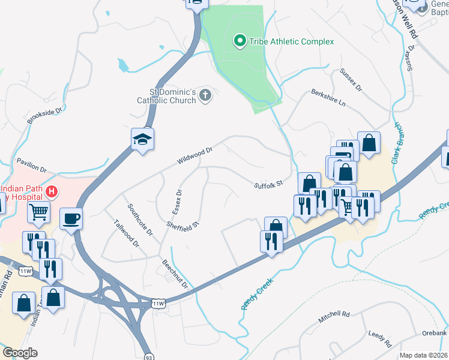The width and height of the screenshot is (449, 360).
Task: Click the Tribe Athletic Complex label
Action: click(x=291, y=41)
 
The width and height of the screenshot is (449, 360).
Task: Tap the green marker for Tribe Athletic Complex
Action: click(x=240, y=41)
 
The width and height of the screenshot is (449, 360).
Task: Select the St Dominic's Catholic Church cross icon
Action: click(x=205, y=95)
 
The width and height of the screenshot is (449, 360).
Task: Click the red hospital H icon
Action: click(x=52, y=192)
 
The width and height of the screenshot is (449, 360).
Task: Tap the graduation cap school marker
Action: click(x=143, y=140)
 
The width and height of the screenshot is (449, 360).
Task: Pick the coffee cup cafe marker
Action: click(x=71, y=218)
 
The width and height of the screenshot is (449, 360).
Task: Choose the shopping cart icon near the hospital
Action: click(x=38, y=211)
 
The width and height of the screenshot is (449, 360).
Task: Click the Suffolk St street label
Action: click(x=268, y=185)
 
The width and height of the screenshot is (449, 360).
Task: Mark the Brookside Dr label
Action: click(x=46, y=116)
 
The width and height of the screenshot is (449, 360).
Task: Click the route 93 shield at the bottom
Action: click(x=148, y=356)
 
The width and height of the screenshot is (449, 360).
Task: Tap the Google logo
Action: click(x=20, y=353)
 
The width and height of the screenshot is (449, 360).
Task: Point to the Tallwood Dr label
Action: click(x=126, y=233)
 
